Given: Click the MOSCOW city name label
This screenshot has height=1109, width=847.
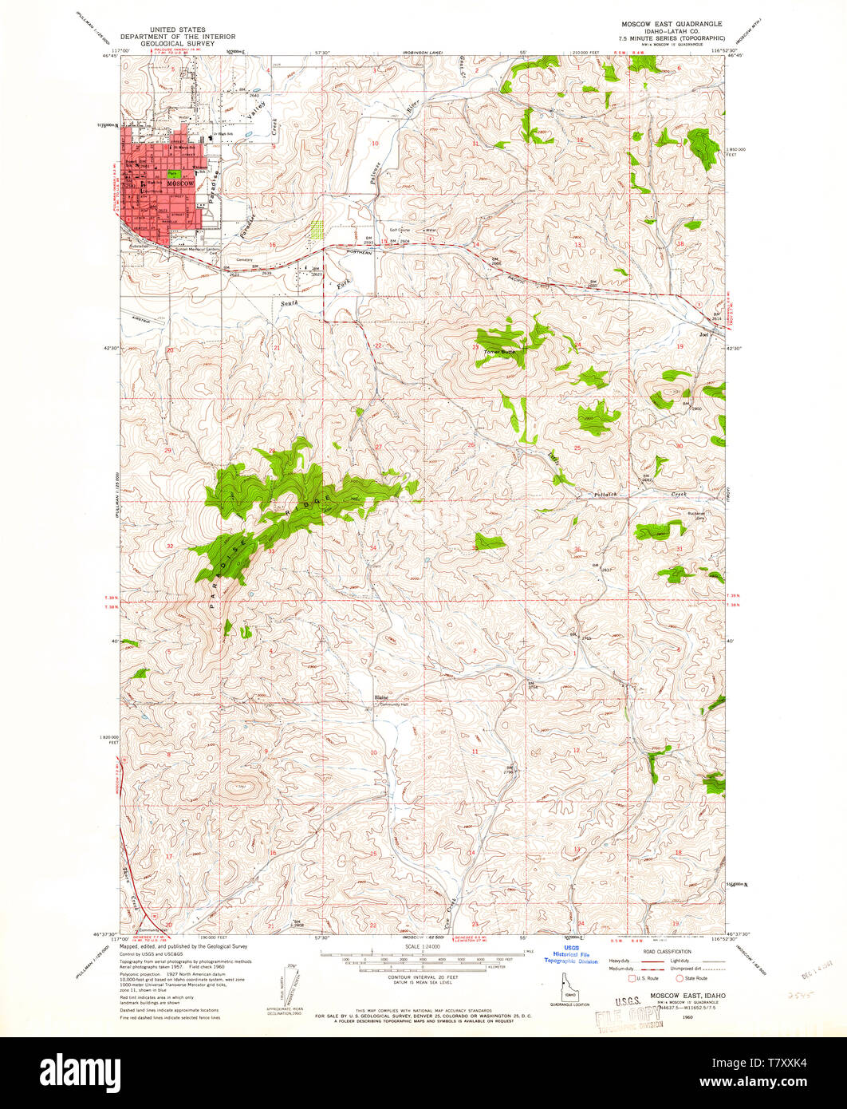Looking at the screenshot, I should [180, 184].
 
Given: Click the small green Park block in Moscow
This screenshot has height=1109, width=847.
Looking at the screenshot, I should [172, 173].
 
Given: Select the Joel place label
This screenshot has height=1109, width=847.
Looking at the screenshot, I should [703, 335].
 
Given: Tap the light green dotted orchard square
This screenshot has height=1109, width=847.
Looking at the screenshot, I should [318, 230].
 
